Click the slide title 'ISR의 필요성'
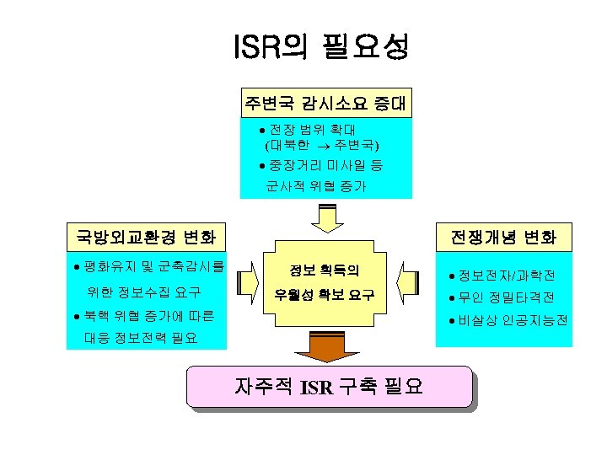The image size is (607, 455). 321,47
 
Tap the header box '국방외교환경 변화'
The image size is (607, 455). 146,235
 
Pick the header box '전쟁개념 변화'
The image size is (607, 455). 503,236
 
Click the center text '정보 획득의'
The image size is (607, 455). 324,271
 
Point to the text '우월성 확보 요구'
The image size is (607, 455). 324,297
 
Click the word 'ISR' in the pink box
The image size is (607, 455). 316,388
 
